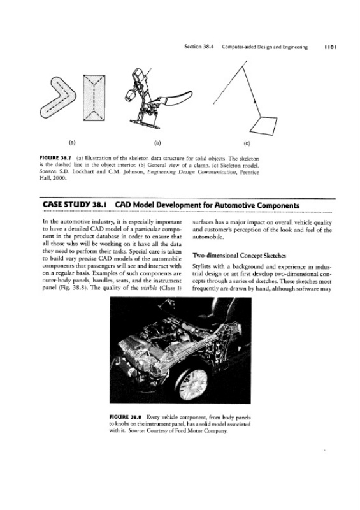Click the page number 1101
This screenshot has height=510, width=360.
330,47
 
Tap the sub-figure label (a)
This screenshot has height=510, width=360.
72,142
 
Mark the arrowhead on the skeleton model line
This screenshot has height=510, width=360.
255,102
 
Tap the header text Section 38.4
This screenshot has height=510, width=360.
198,47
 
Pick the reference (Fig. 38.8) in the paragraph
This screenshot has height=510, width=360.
69,288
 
